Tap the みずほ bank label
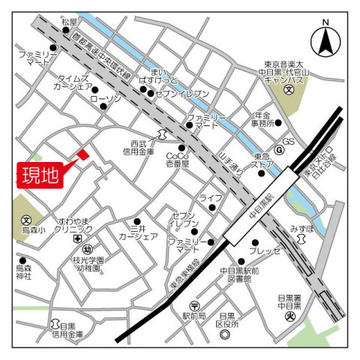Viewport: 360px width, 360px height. tap(301, 226)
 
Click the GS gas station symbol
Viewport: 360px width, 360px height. tap(279, 149)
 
